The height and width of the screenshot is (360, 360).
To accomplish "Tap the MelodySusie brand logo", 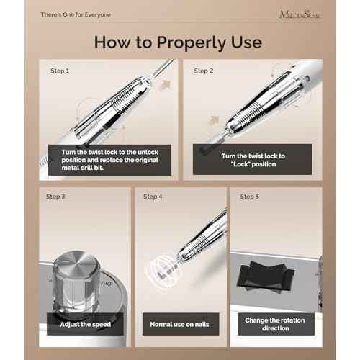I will pos(307,14).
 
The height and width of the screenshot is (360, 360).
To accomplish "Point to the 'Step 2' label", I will pos(204,71).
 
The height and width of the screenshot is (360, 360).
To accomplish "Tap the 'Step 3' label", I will pos(55,197).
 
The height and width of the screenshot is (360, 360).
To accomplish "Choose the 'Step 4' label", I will pos(153,197).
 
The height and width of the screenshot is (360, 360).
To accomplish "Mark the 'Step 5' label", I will pos(249,197).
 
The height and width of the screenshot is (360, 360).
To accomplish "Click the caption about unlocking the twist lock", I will pos(109,159).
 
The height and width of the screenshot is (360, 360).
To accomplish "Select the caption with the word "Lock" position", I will pos(254,160).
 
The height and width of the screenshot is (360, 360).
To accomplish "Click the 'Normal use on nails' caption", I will pos(180,323).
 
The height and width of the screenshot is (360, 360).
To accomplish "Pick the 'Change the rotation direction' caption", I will pos(276,323).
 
